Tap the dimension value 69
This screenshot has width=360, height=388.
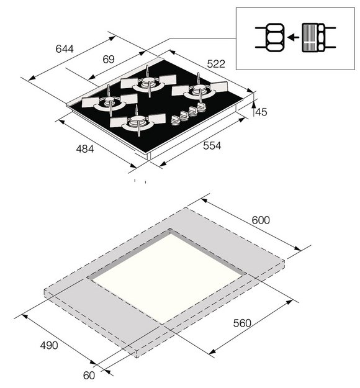pos(109,60)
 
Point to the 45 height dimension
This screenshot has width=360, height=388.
pos(261,112)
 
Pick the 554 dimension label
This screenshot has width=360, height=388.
pos(211,146)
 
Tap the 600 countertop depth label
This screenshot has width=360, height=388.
pos(261,220)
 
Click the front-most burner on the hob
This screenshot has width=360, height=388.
pos(138,123)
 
